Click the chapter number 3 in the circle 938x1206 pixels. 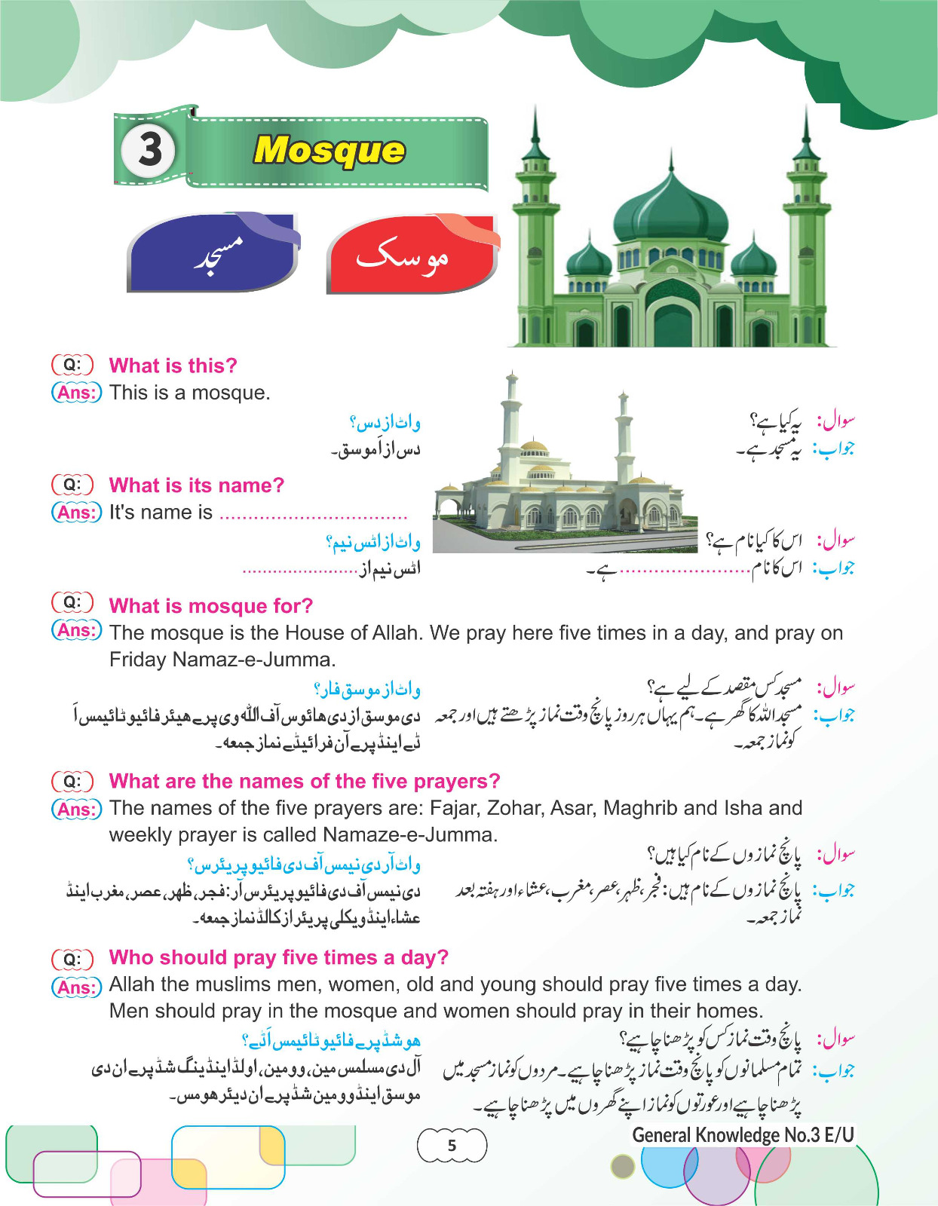tap(149, 149)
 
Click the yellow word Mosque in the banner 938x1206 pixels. tap(329, 150)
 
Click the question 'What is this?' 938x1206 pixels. tap(173, 366)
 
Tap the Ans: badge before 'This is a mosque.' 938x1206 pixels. tap(76, 393)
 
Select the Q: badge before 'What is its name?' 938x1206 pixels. tap(72, 485)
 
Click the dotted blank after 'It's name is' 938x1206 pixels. tap(313, 516)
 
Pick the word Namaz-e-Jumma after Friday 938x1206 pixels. tap(253, 660)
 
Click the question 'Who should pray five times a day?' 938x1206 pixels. tap(278, 957)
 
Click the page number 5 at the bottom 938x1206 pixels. tap(452, 1146)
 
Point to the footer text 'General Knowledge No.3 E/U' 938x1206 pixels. tap(743, 1135)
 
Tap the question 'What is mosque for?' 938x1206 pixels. tap(210, 606)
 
